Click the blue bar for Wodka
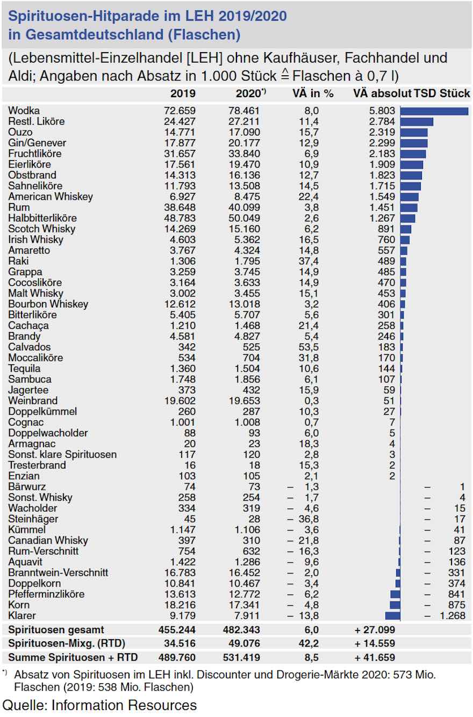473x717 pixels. coord(434,111)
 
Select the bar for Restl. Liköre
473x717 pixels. coord(417,121)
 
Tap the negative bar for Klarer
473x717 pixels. coord(393,615)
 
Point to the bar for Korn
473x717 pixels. coord(395,605)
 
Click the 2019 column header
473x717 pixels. coord(183,93)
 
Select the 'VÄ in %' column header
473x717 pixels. coord(313,93)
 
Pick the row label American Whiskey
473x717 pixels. coord(51,197)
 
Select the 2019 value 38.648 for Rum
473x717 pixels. coord(180,207)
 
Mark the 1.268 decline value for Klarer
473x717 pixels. coord(453,615)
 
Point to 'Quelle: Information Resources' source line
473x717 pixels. coord(100,705)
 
